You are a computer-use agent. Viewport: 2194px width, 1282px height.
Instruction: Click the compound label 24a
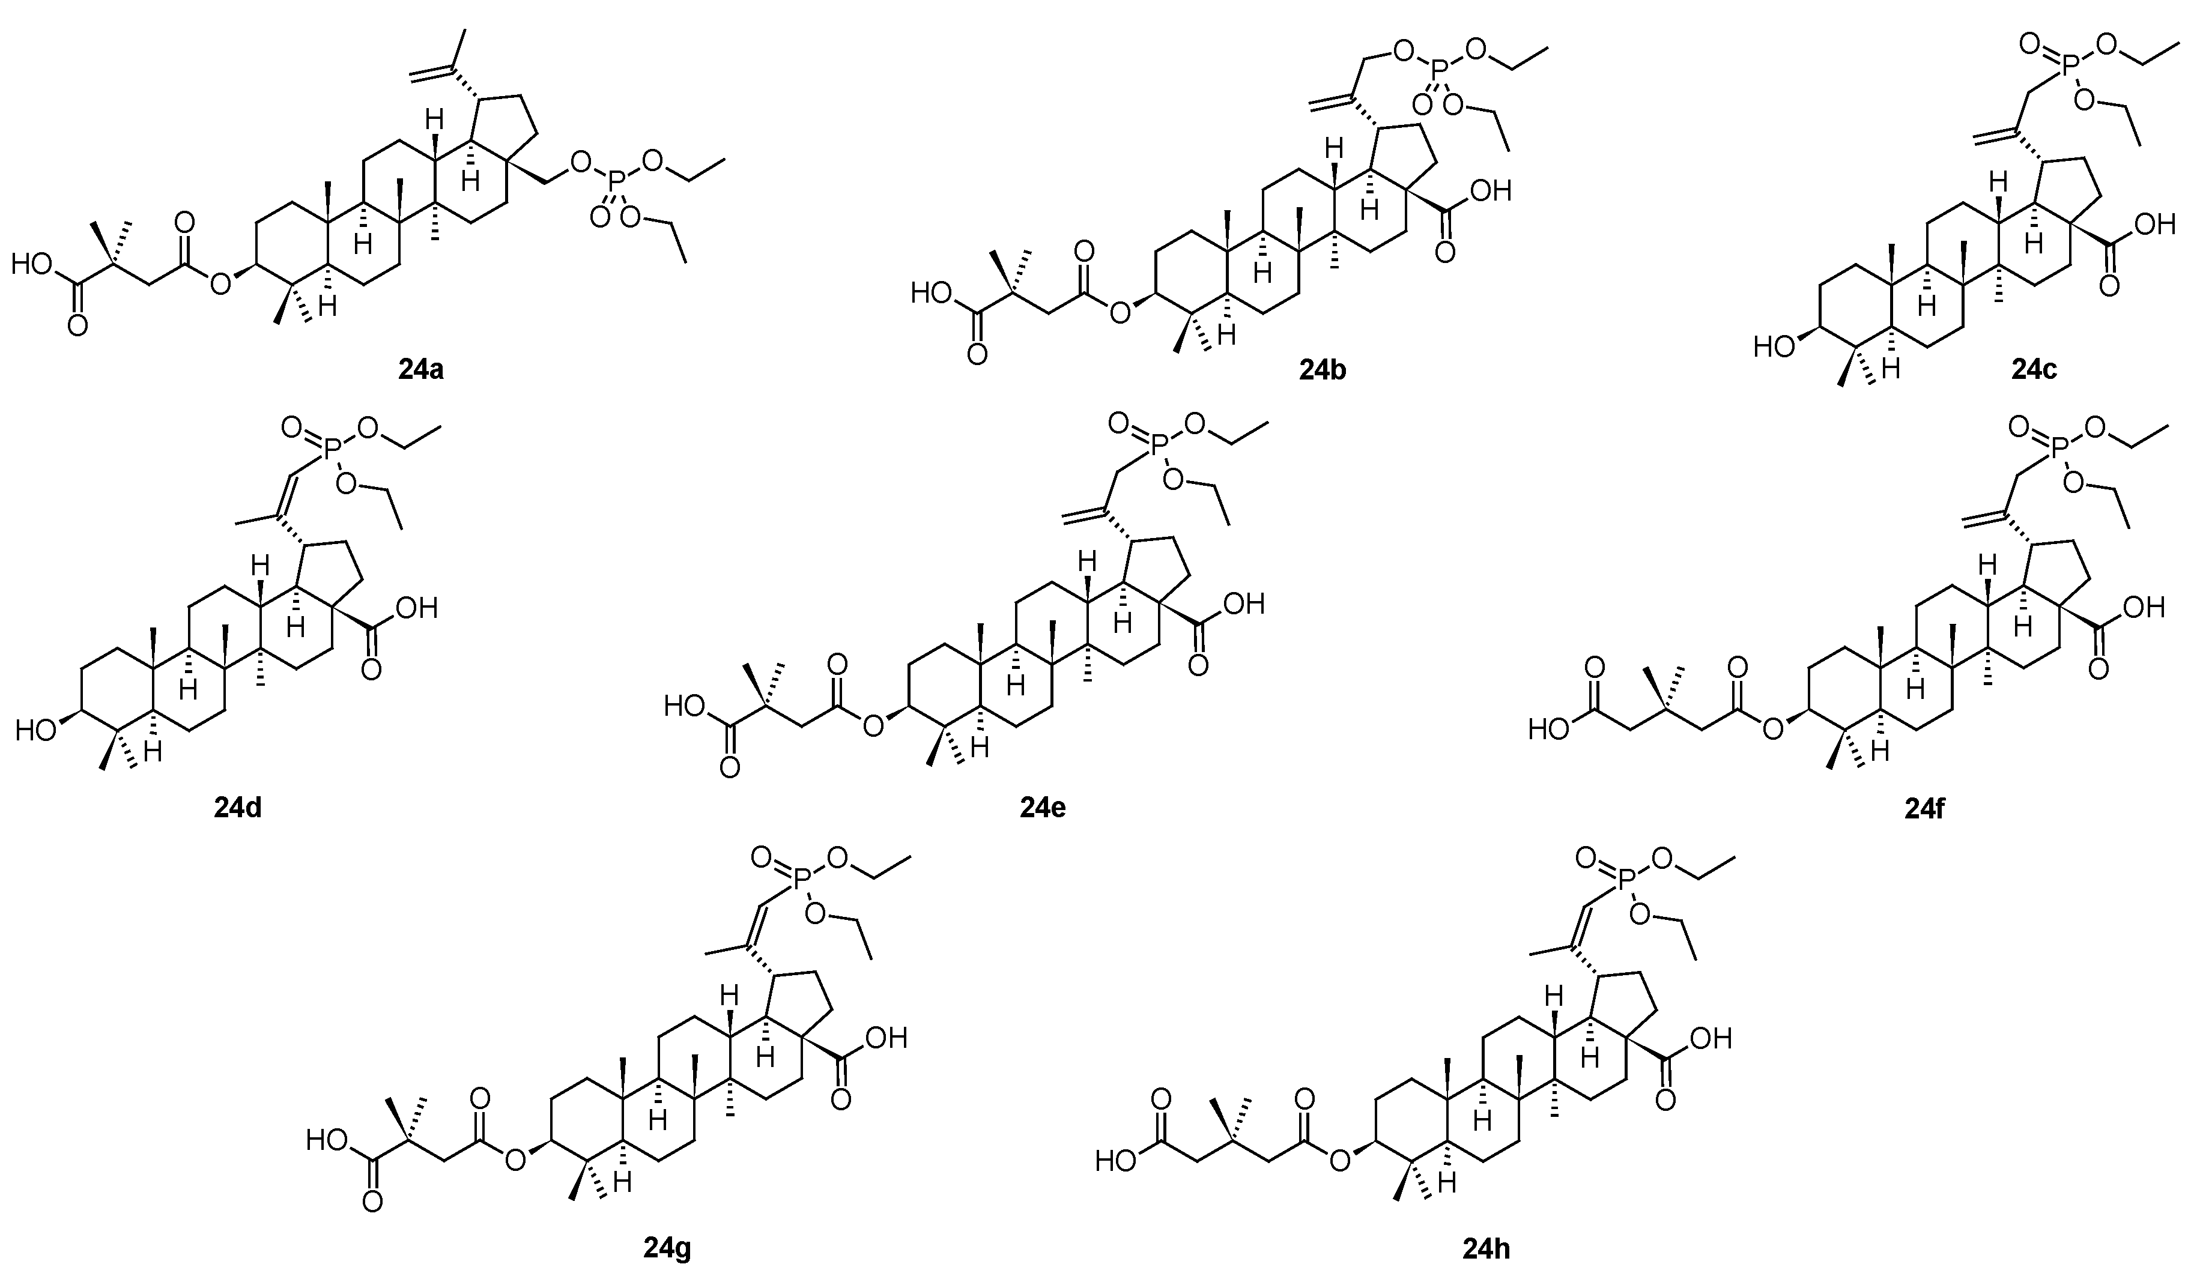(x=422, y=370)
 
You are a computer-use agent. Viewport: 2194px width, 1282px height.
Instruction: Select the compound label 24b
(x=1323, y=370)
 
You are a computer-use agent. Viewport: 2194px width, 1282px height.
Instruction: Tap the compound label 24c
(x=2034, y=370)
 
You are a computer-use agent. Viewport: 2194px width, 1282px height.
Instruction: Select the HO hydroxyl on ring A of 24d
(x=35, y=730)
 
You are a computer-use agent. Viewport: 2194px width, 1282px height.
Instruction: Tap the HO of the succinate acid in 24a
(x=31, y=264)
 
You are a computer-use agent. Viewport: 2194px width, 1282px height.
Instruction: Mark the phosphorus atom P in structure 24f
(x=2059, y=447)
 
